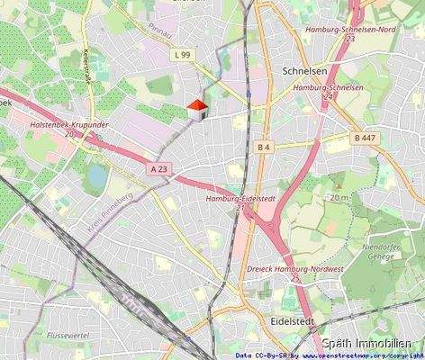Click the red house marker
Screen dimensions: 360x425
click(x=198, y=109)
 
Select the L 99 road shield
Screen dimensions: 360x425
click(x=182, y=55)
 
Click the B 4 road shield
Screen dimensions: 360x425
click(x=264, y=146)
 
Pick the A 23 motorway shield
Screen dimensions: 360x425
click(x=158, y=168)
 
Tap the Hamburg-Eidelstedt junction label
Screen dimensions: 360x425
click(x=239, y=202)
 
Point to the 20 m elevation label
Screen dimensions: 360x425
click(x=339, y=196)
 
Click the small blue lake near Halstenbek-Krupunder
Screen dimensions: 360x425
click(x=94, y=178)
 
